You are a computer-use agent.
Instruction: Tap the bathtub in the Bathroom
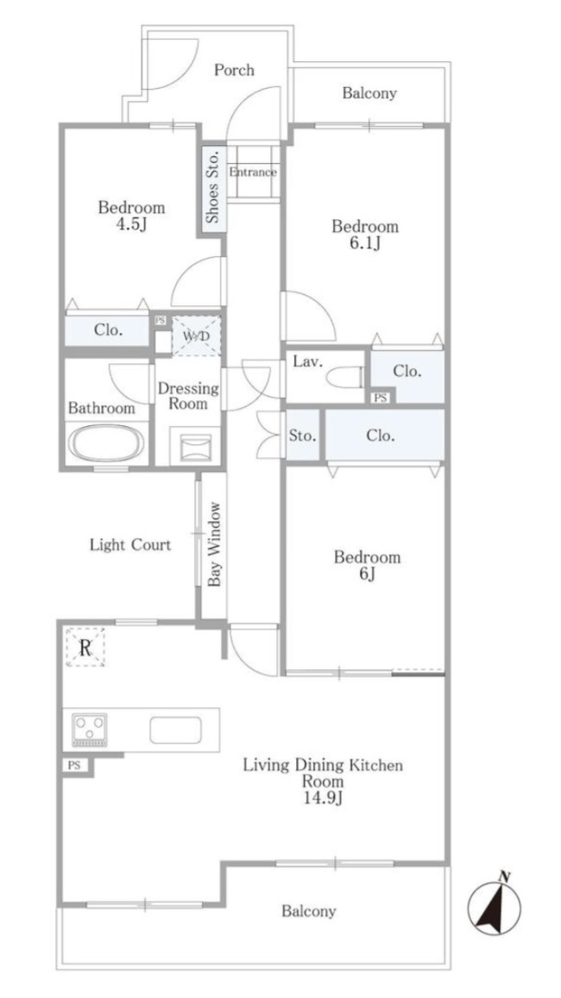click(106, 443)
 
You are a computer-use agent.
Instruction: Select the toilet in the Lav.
click(344, 376)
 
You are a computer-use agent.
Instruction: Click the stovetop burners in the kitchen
click(90, 730)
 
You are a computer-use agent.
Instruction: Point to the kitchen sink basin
click(176, 730)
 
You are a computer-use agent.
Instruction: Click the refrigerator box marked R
click(85, 647)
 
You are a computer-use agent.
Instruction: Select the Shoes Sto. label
click(213, 185)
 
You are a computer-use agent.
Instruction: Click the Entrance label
click(253, 172)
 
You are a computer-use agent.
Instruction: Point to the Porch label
click(234, 69)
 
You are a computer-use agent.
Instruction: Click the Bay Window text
click(215, 544)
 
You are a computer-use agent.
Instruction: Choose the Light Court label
click(130, 545)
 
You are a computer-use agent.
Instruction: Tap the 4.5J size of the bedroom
click(131, 224)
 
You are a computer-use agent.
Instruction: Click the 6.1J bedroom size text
click(365, 243)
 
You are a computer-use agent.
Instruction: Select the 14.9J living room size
click(323, 798)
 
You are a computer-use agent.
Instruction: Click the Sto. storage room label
click(302, 436)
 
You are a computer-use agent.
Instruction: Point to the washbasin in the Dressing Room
click(196, 448)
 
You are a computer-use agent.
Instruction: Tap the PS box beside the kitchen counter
click(74, 766)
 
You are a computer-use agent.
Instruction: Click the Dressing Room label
click(188, 396)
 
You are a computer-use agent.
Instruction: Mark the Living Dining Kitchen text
click(323, 765)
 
